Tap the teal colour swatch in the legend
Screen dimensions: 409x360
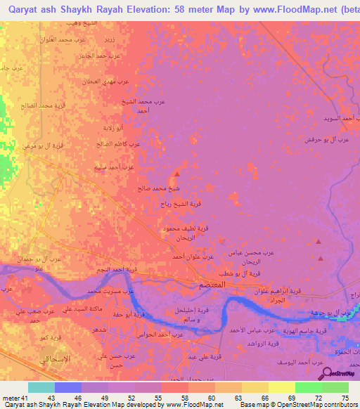(x=41, y=387)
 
